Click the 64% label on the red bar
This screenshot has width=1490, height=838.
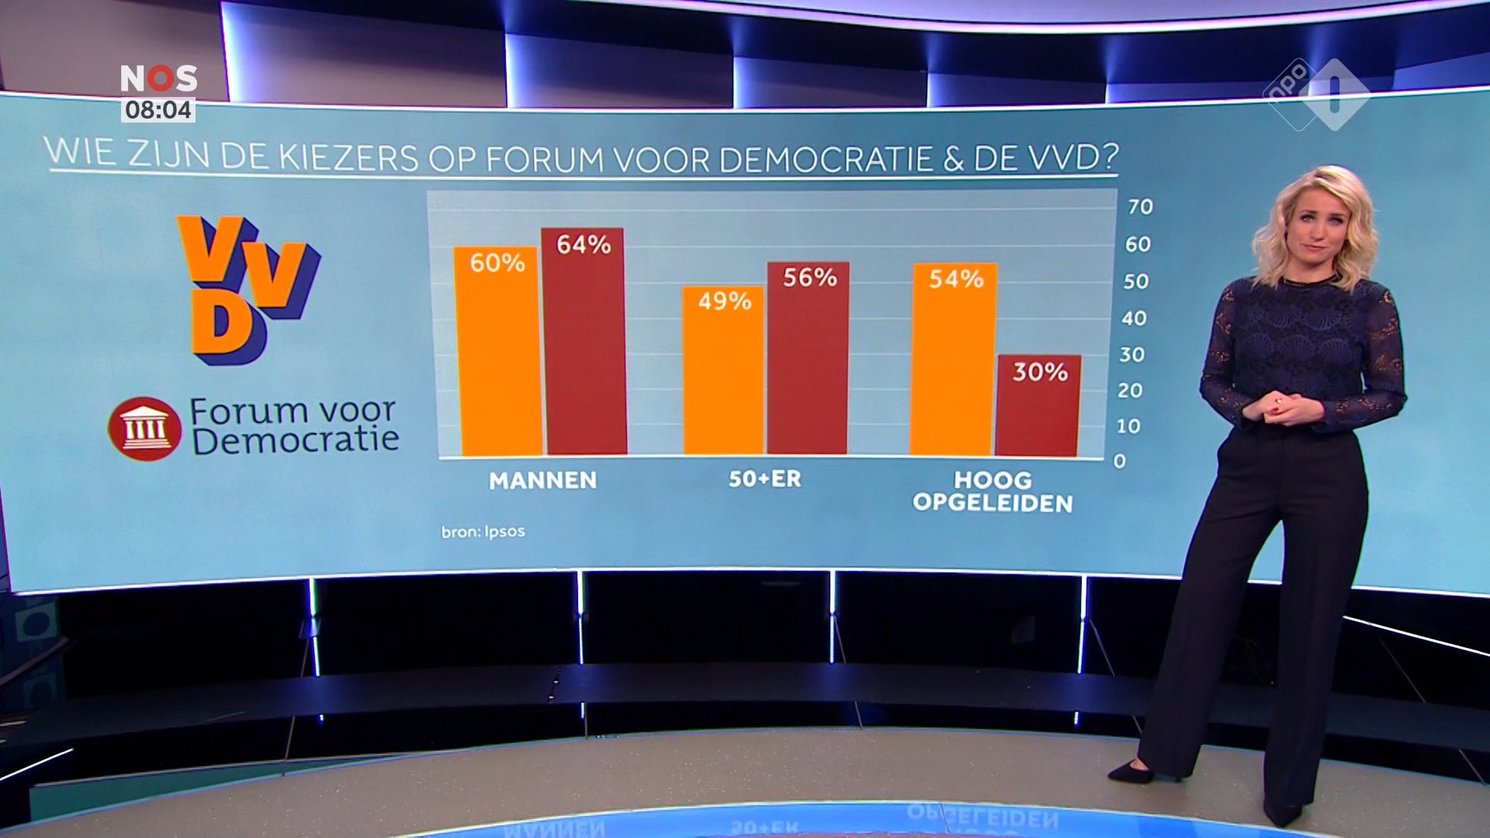pyautogui.click(x=584, y=245)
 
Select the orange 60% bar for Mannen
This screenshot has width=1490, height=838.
pyautogui.click(x=498, y=357)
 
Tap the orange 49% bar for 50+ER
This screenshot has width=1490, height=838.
pyautogui.click(x=723, y=372)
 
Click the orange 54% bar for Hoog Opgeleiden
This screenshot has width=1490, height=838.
pyautogui.click(x=954, y=365)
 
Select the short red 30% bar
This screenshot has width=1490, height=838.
pyautogui.click(x=1038, y=411)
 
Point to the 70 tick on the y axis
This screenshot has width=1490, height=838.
pyautogui.click(x=1140, y=206)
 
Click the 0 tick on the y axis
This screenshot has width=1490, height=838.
pyautogui.click(x=1119, y=461)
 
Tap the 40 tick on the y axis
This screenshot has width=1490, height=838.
pyautogui.click(x=1134, y=318)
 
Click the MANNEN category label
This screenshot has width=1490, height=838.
pyautogui.click(x=542, y=480)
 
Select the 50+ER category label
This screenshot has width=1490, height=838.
pyautogui.click(x=764, y=479)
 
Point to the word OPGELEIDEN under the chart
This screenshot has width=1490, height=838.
pyautogui.click(x=993, y=504)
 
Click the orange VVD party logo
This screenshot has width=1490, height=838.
pyautogui.click(x=247, y=289)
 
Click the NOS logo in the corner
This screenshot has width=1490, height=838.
pyautogui.click(x=158, y=78)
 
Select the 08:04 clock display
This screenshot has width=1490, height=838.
pyautogui.click(x=158, y=110)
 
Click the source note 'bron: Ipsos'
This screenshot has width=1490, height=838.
pyautogui.click(x=483, y=532)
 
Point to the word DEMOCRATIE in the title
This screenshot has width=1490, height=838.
pyautogui.click(x=826, y=159)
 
